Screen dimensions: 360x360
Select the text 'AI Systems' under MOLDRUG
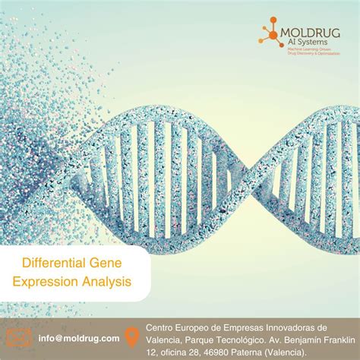point(302,43)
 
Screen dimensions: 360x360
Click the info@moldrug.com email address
point(79,337)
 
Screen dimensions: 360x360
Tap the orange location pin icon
point(134,337)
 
